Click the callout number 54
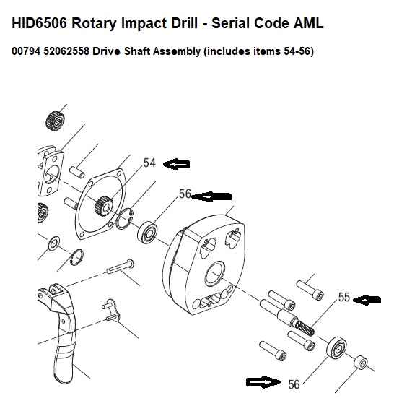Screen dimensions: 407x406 [149, 163]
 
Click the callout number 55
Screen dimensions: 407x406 [344, 297]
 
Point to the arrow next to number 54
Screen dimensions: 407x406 [177, 164]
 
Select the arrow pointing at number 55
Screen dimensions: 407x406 [367, 301]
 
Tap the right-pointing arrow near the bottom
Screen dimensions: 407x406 [263, 382]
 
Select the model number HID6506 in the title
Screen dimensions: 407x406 [39, 23]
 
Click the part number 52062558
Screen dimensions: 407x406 [66, 51]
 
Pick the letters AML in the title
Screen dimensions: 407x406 [309, 23]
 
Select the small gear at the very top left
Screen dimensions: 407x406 [55, 121]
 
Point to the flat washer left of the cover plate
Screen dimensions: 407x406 [53, 243]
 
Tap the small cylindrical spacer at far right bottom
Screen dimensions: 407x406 [361, 363]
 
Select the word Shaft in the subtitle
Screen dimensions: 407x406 [136, 51]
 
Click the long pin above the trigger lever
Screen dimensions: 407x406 [121, 267]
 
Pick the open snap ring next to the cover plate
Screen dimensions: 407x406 [124, 219]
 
